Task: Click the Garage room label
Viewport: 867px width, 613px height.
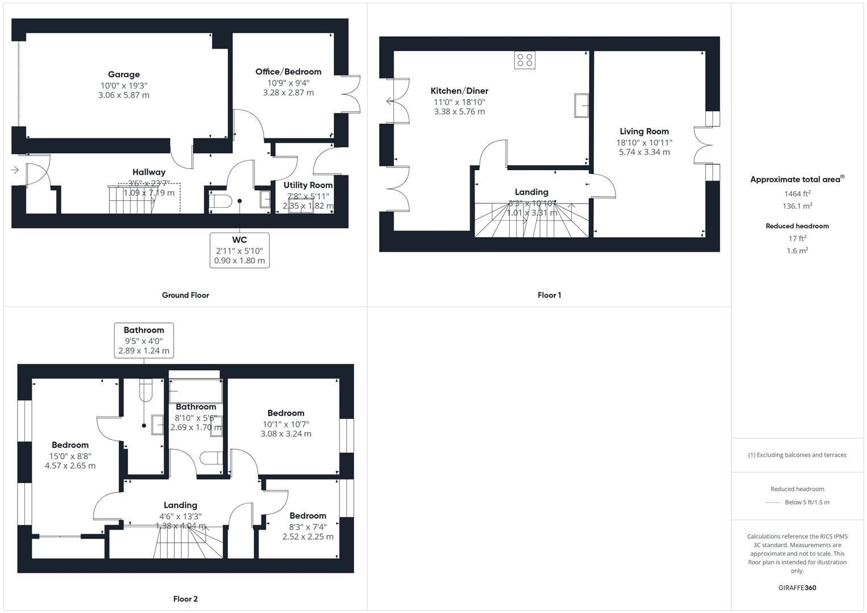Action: (124, 74)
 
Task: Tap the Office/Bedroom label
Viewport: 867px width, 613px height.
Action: (288, 72)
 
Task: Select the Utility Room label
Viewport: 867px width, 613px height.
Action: (308, 185)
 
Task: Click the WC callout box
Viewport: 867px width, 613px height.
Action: (240, 250)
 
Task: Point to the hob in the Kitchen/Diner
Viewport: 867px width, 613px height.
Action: (525, 60)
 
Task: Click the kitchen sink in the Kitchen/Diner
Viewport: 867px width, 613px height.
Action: (581, 106)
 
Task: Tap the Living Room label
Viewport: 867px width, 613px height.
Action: (644, 131)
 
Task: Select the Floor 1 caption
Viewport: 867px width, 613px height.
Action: (549, 295)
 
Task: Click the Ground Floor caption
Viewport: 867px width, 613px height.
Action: (186, 295)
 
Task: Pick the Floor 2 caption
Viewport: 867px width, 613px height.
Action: (186, 599)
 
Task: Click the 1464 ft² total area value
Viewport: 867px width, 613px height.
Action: (797, 194)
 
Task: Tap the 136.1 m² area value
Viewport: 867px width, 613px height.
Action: (797, 206)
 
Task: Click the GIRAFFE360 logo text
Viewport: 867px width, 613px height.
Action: (797, 587)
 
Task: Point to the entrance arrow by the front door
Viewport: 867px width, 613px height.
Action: (15, 170)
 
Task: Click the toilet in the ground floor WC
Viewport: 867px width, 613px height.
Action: (220, 201)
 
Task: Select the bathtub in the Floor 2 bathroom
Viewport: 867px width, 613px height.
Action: (195, 391)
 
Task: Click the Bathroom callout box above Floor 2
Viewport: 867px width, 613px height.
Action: (144, 341)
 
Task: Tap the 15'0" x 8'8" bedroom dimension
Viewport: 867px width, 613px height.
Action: (70, 456)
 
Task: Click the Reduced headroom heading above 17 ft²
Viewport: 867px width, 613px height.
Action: (797, 226)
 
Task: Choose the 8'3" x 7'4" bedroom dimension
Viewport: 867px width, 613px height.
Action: (308, 527)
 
